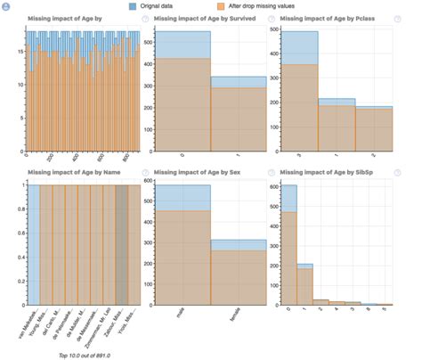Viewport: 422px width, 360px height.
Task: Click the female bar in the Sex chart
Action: [x=238, y=276]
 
